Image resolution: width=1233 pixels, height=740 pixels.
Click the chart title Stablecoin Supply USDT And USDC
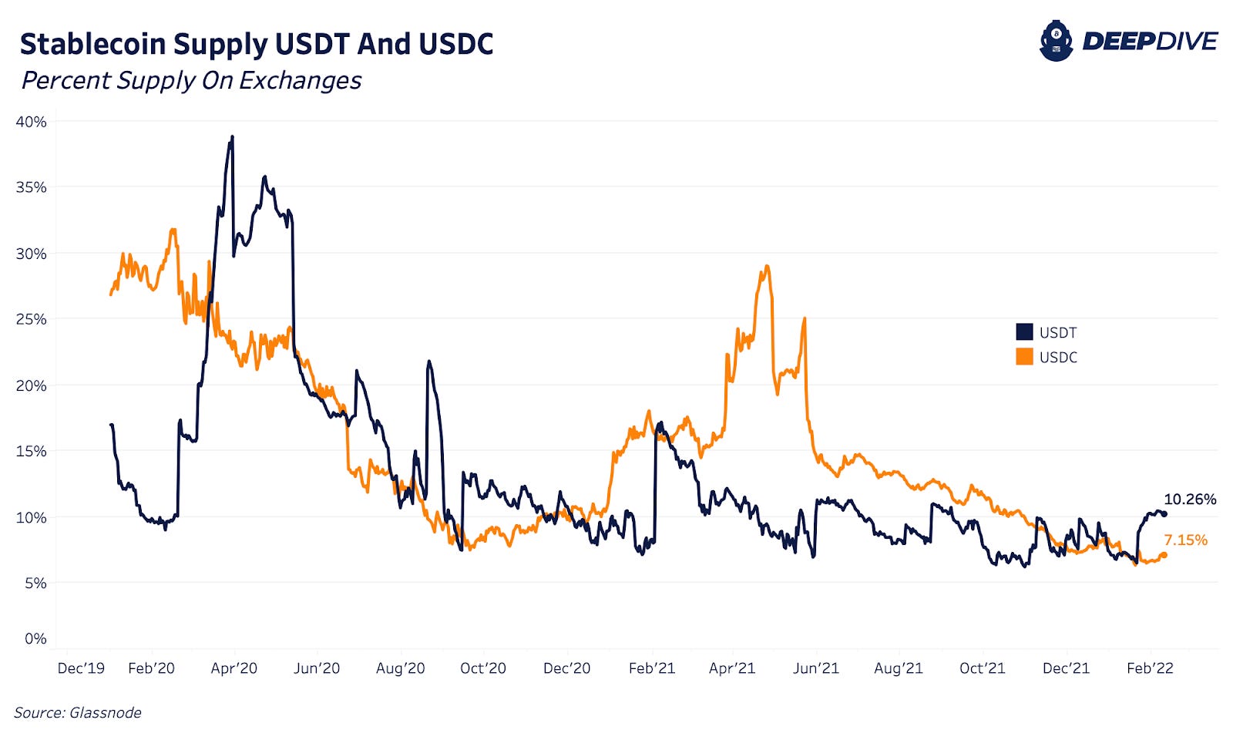[256, 44]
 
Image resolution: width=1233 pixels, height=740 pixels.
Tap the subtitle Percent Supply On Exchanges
[191, 80]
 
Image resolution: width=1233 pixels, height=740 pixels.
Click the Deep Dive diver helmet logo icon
[1056, 41]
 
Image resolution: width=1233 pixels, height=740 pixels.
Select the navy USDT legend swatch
[1024, 332]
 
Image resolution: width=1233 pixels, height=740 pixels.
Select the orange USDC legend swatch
[1024, 357]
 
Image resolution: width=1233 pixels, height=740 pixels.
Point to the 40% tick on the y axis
[31, 122]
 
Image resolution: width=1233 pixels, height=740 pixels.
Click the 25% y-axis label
[31, 319]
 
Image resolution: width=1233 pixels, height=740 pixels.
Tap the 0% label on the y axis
[35, 638]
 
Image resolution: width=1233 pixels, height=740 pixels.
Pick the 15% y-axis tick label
[31, 451]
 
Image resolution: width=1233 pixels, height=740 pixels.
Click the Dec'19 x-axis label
[81, 668]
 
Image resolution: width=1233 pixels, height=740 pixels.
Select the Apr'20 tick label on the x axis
[233, 668]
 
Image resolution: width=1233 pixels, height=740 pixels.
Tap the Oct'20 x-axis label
[483, 668]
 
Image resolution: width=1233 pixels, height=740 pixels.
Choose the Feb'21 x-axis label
[652, 668]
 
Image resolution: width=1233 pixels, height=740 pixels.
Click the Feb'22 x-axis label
[1150, 668]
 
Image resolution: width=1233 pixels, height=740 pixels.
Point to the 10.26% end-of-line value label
[1190, 499]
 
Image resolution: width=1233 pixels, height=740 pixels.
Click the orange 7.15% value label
[1185, 540]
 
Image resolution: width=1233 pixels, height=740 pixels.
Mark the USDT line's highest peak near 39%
[232, 137]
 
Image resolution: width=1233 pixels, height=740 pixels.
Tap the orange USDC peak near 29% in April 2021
[766, 267]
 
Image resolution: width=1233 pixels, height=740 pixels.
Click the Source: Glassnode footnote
[77, 713]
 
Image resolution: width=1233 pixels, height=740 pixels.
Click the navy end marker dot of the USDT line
[1164, 514]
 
